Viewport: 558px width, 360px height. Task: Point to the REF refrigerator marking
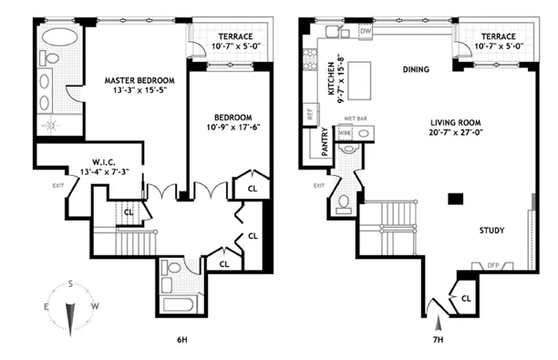tap(311, 116)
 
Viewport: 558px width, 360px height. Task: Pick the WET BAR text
tap(354, 118)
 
